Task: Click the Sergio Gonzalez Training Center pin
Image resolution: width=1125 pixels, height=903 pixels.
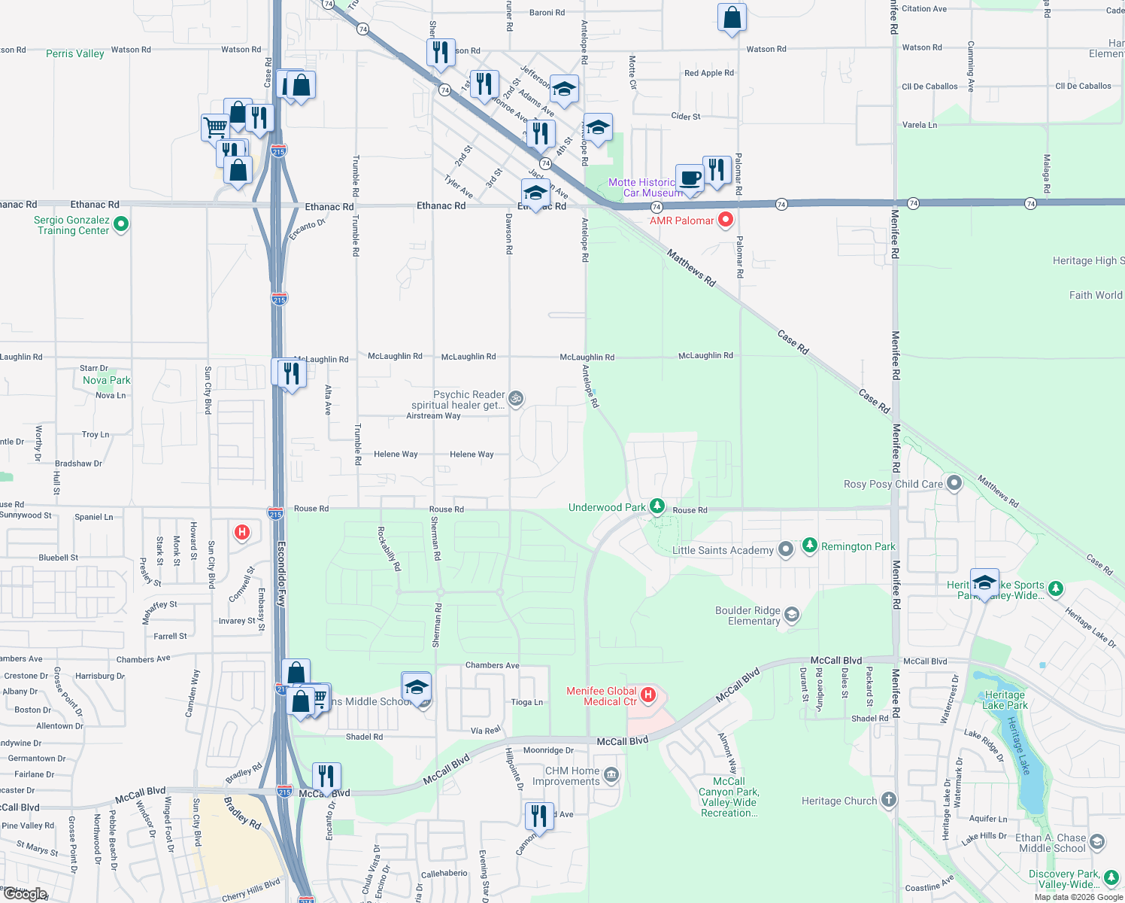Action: point(121,224)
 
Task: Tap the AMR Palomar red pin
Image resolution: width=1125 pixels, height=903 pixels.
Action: point(726,220)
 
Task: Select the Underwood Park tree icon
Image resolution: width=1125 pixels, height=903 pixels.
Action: point(657,506)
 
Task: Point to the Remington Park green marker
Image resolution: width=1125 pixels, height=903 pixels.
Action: point(810,545)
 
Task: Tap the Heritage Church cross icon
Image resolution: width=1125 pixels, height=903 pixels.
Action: point(889,799)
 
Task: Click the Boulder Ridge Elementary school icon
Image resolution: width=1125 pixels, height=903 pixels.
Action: point(791,615)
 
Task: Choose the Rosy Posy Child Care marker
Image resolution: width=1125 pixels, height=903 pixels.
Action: point(954,483)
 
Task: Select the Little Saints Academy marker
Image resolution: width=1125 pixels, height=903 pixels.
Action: point(786,549)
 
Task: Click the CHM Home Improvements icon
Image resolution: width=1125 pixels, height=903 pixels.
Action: point(611,774)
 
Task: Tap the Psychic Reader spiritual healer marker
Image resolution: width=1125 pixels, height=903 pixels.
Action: point(516,398)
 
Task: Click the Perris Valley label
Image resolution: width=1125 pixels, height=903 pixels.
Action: point(75,53)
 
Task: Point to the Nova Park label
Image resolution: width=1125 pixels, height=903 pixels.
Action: point(107,380)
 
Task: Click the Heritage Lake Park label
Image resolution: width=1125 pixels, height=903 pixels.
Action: point(1005,700)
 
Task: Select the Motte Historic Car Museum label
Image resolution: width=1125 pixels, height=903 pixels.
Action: point(641,187)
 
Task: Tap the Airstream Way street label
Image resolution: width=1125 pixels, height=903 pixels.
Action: point(433,415)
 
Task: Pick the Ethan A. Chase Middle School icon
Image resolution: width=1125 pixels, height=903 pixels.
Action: point(1097,841)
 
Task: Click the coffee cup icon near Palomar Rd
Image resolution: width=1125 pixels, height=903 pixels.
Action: point(690,178)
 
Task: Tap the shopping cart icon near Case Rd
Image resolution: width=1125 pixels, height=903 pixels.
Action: point(215,126)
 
